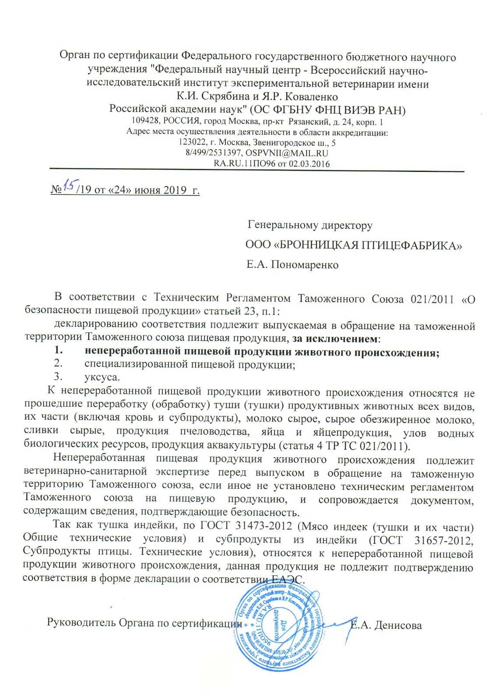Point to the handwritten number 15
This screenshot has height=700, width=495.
tap(69, 187)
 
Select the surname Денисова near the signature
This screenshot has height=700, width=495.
tap(396, 626)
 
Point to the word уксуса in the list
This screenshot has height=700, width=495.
tap(102, 377)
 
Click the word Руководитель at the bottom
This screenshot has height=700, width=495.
tap(81, 623)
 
